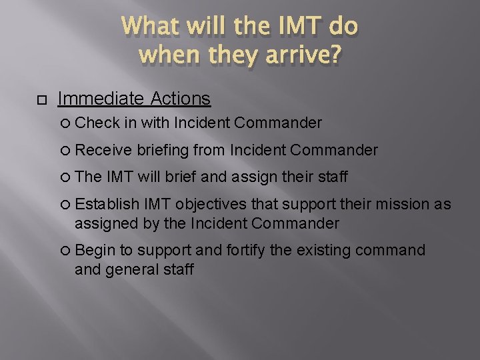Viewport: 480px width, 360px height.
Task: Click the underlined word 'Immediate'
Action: coord(101,99)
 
